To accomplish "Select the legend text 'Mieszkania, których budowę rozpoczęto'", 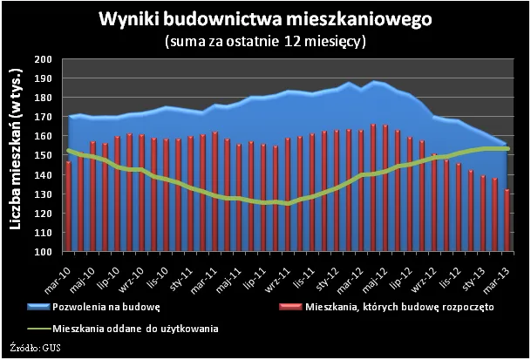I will point(400,309).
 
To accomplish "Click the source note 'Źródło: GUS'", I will point(35,348).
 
